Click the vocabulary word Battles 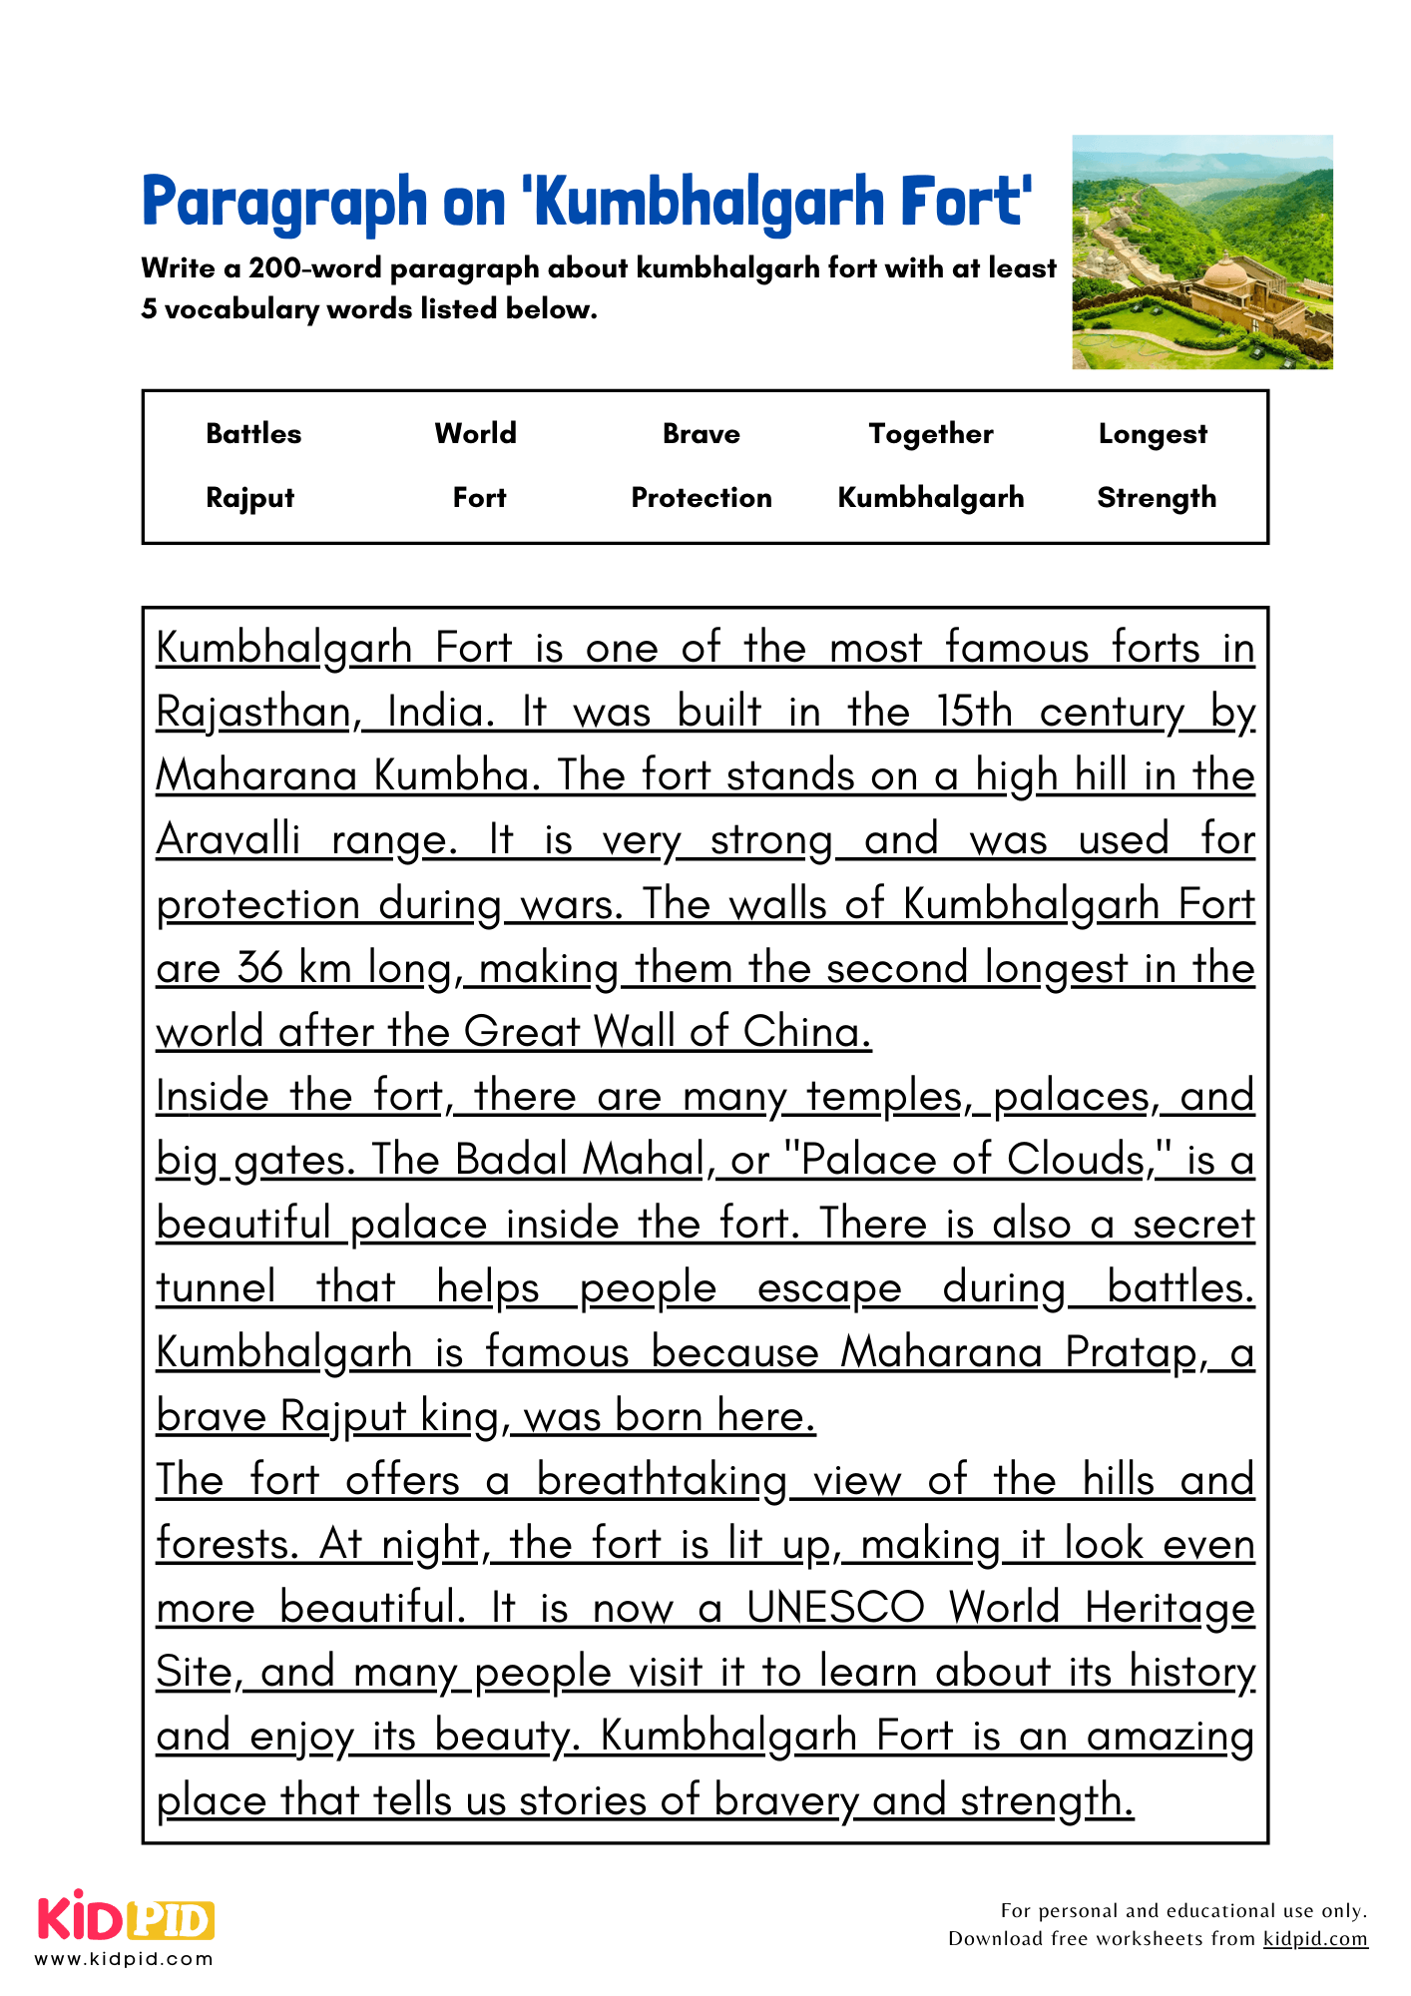coord(253,433)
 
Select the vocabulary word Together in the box coord(930,433)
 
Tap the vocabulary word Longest coord(1153,433)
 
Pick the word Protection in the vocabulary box coord(701,497)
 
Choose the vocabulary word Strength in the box coord(1157,497)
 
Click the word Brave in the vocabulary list coord(701,433)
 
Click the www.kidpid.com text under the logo coord(125,1959)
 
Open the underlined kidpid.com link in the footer coord(1314,1938)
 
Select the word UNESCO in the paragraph coord(836,1608)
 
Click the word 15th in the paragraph coord(974,713)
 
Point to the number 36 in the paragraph coord(260,968)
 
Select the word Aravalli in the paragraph coord(228,840)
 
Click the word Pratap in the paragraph coord(1132,1353)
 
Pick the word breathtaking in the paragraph coord(662,1480)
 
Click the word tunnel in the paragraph coord(216,1288)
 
